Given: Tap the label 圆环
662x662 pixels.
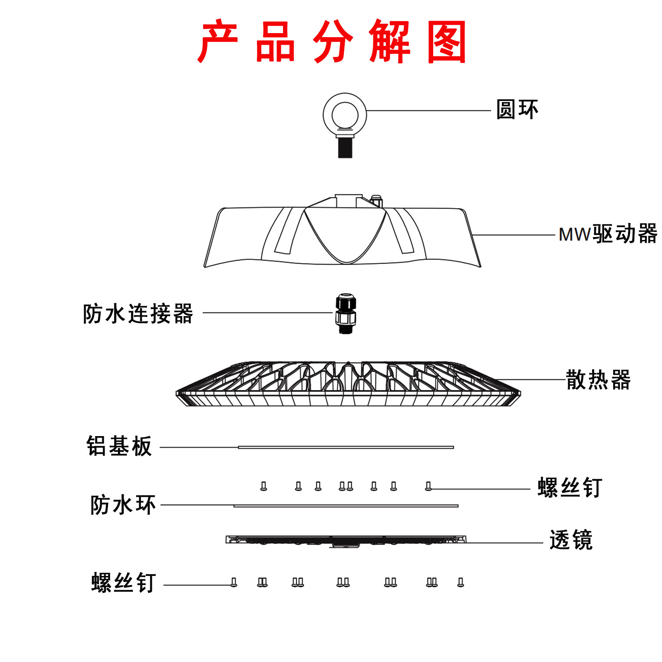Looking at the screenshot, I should click(x=517, y=110).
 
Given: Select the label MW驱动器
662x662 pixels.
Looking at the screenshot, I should click(x=608, y=234).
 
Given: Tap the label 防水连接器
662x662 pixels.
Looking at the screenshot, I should click(x=138, y=313).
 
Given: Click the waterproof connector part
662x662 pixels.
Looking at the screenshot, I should click(x=345, y=313).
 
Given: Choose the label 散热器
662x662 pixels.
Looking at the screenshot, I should click(x=598, y=379).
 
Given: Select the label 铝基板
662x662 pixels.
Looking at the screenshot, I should click(x=119, y=446).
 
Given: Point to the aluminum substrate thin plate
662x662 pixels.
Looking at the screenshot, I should click(x=346, y=447).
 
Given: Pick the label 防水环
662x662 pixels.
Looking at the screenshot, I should click(x=123, y=505).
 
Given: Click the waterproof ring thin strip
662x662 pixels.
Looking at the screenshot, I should click(x=346, y=506).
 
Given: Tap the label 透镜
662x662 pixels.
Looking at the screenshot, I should click(x=571, y=540).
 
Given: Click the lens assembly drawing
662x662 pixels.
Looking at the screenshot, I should click(x=346, y=540).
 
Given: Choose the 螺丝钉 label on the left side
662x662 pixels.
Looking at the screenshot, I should click(x=123, y=583).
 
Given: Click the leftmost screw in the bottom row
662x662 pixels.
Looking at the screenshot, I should click(x=234, y=583).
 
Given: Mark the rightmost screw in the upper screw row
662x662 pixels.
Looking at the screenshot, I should click(x=428, y=486).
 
